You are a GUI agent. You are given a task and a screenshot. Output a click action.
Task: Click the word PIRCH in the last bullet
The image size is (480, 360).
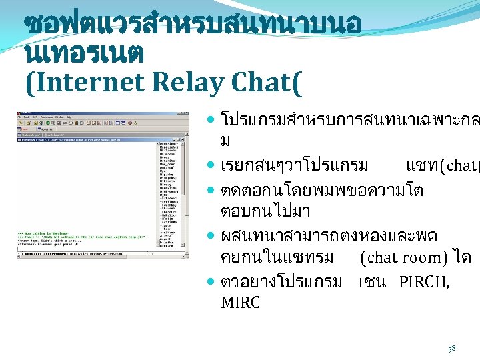click(424, 281)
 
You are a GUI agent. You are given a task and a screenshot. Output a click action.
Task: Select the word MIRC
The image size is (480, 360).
click(240, 303)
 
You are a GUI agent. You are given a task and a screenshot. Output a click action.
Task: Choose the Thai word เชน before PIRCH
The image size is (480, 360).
click(372, 281)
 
